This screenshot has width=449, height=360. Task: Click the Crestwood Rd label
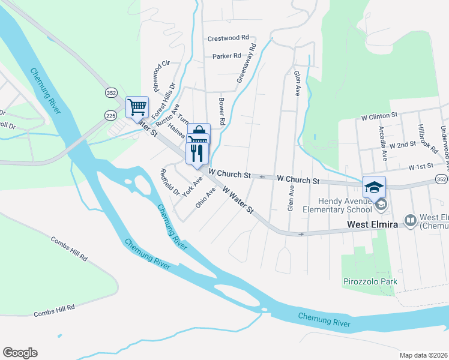[x=228, y=38]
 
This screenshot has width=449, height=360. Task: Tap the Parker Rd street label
[x=226, y=56]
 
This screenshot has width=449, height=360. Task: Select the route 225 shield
[x=110, y=114]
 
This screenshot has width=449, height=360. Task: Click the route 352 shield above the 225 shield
[x=110, y=93]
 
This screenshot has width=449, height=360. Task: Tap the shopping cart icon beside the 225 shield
[x=137, y=107]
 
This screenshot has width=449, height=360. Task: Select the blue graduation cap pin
[x=374, y=187]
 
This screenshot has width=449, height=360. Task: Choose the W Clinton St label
[x=379, y=114]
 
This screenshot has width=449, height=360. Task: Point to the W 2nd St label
[x=402, y=145]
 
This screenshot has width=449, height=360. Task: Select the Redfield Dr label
[x=169, y=182]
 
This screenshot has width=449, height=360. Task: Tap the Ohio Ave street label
[x=205, y=197]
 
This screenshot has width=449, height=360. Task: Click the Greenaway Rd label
[x=246, y=62]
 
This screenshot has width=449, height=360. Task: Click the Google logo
[x=20, y=353]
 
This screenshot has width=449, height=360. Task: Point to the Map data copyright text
[x=423, y=355]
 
